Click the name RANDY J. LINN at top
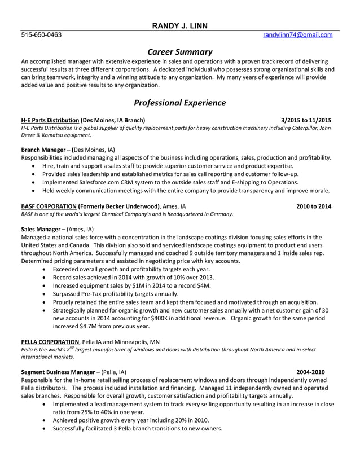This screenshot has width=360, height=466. coord(180,25)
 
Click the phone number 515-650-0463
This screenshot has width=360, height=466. coord(41,35)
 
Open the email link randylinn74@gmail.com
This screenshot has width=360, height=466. coord(297,35)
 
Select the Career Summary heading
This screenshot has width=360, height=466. coord(179,51)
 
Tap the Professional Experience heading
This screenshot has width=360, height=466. coord(179,103)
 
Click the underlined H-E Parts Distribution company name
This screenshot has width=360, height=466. coord(50,120)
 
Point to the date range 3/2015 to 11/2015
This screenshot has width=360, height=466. coord(306,120)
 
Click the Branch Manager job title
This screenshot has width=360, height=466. coord(44,150)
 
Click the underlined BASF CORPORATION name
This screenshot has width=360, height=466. coord(49,206)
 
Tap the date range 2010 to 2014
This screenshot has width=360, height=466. coord(314,206)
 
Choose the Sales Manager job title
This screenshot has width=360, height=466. coord(40,230)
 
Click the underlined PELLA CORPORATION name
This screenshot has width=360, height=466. coord(50,342)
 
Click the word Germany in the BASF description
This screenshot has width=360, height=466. coord(218,214)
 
